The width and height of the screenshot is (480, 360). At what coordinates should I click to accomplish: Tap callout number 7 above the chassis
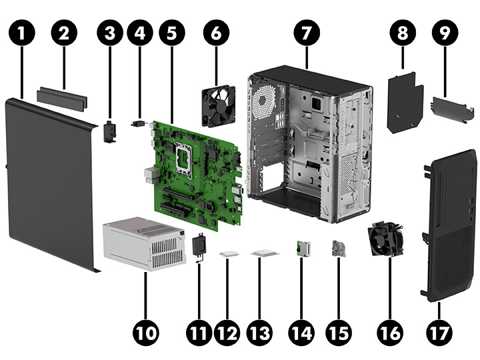click(x=306, y=33)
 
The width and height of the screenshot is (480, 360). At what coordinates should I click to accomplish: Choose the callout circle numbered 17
click(x=439, y=331)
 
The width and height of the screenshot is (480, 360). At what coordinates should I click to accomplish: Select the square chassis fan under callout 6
click(x=218, y=105)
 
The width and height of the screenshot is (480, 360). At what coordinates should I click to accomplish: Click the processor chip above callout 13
click(x=265, y=254)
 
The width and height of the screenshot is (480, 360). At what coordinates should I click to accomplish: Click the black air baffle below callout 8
click(x=405, y=103)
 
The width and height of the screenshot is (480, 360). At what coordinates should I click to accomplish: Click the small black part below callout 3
click(x=110, y=131)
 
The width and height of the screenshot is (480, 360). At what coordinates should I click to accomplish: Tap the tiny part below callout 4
click(x=139, y=123)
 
